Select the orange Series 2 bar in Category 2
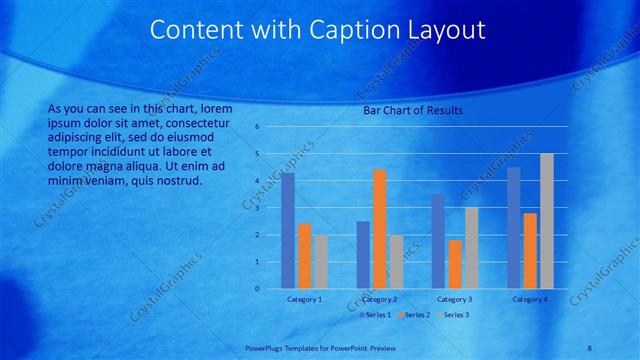(380, 229)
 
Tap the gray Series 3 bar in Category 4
(546, 221)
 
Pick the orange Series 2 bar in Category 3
(455, 264)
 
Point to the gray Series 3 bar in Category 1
(320, 262)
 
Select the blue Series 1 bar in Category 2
(363, 255)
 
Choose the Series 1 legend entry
(377, 315)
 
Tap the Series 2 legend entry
(415, 315)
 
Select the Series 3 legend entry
(453, 315)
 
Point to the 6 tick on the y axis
(257, 127)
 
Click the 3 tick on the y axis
(257, 208)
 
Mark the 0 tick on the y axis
(257, 289)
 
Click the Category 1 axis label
(304, 299)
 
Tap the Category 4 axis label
(530, 299)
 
